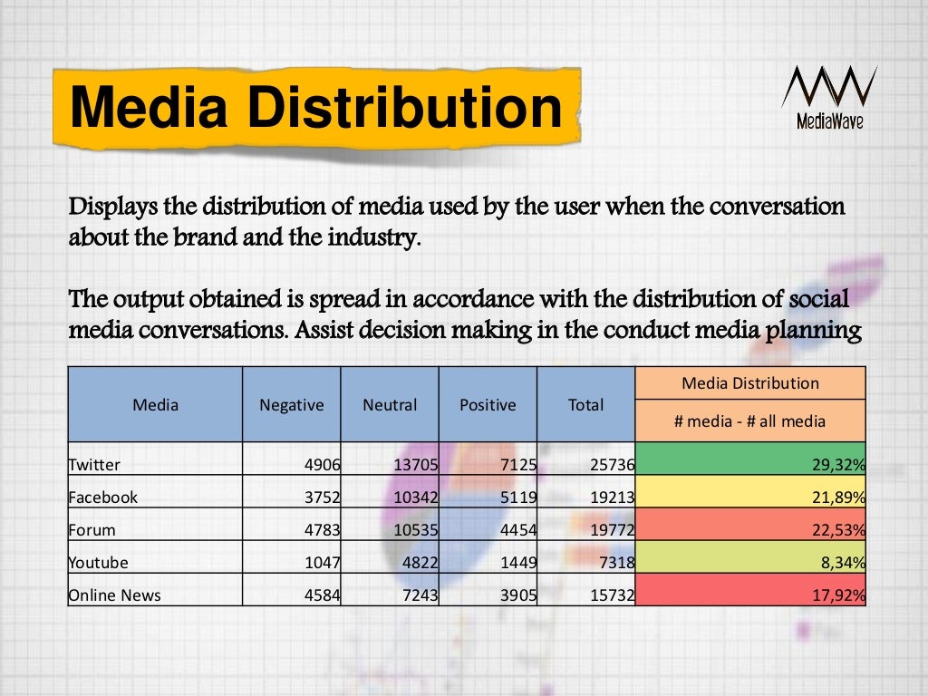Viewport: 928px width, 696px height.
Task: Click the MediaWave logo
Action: tap(828, 98)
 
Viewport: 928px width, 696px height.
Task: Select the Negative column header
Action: tap(291, 405)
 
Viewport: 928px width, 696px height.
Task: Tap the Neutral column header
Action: tap(390, 405)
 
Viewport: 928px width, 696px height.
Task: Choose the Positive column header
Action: tap(488, 405)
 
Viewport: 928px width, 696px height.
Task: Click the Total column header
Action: tap(585, 405)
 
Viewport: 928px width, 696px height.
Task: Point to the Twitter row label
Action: tap(94, 465)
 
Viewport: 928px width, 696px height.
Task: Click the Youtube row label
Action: tap(98, 563)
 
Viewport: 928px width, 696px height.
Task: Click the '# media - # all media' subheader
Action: tap(750, 420)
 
